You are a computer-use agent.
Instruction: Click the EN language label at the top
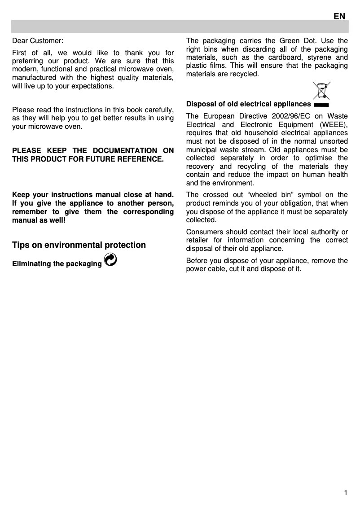339,16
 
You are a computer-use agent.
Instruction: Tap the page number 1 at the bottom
346,493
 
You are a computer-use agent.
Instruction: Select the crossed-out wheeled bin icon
321,91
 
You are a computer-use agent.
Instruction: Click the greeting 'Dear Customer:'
38,40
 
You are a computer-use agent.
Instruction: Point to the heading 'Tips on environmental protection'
79,245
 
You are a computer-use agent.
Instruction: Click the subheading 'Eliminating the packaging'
57,263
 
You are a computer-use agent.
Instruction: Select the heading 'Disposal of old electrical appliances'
249,104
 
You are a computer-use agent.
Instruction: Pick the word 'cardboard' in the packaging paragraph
290,57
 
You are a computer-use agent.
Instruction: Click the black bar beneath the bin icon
321,105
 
